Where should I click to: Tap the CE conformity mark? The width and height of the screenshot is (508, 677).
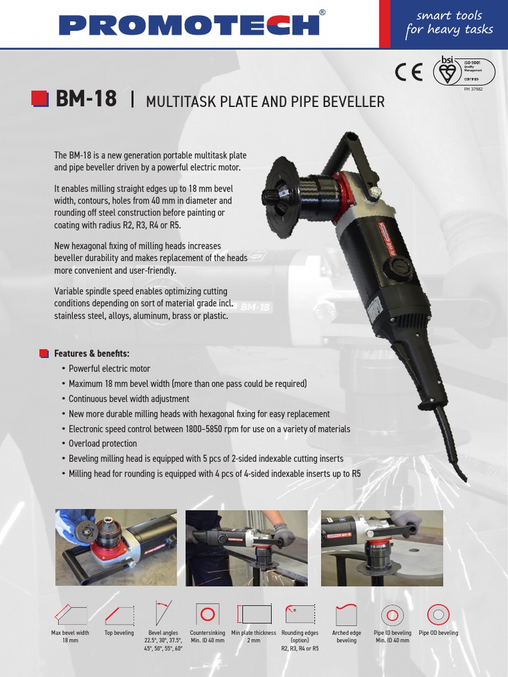point(408,73)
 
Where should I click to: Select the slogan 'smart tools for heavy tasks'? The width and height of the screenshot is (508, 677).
point(449,22)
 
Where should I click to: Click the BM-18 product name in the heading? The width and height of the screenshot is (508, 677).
point(86,100)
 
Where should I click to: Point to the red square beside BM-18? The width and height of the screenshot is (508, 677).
point(40,99)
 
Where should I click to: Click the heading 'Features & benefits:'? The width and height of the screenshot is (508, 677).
point(91,354)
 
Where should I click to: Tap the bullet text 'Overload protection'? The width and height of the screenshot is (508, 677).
point(103,444)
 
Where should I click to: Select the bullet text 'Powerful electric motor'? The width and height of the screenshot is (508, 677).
point(109,369)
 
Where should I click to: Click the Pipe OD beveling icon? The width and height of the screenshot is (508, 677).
point(437,615)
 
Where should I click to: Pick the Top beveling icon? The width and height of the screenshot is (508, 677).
point(118,616)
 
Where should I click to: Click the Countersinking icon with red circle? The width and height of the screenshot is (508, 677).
point(208,614)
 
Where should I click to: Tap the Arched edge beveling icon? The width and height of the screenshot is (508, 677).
point(346,615)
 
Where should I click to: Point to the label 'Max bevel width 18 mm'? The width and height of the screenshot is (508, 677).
point(70,637)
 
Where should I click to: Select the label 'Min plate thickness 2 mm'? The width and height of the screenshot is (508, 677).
point(253,637)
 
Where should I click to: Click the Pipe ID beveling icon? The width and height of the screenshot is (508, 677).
point(392,615)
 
